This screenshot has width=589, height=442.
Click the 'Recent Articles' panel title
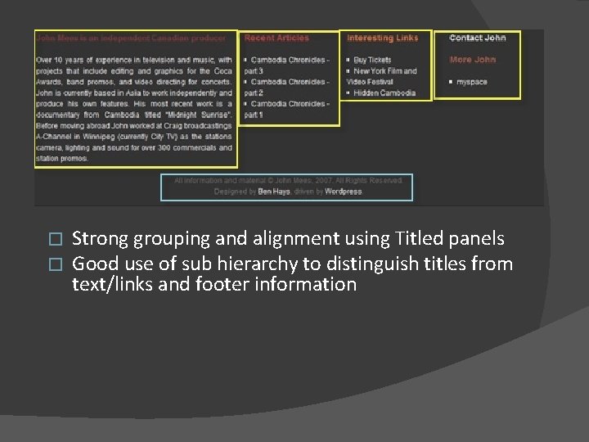(277, 38)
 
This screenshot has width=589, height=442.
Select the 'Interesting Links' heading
(382, 38)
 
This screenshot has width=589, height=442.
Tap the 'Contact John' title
(478, 38)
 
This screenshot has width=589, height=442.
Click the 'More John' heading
(473, 60)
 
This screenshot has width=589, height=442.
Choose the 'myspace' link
(471, 82)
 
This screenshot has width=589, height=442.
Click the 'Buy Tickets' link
(372, 60)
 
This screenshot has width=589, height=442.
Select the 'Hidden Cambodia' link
(384, 93)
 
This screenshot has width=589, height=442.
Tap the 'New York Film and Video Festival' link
(383, 76)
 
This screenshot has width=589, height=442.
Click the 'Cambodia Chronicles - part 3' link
(288, 65)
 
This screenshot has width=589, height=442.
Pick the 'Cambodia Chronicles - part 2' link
(288, 88)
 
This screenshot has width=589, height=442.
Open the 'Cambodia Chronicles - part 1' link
(288, 110)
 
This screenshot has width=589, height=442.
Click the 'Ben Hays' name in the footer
(273, 192)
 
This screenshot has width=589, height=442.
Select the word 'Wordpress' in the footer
(343, 192)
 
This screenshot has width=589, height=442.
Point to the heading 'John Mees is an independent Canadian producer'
(131, 38)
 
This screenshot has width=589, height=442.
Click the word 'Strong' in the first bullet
(99, 239)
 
